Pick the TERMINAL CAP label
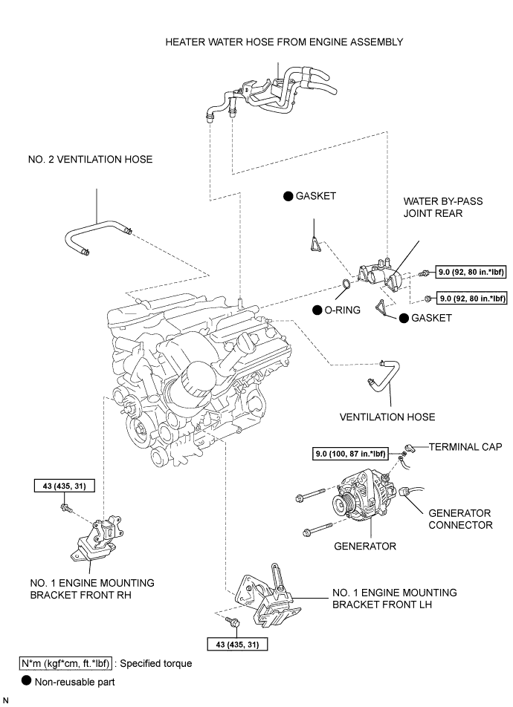coord(464,447)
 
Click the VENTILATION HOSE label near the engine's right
coord(387,417)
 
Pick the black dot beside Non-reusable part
coord(27,680)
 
